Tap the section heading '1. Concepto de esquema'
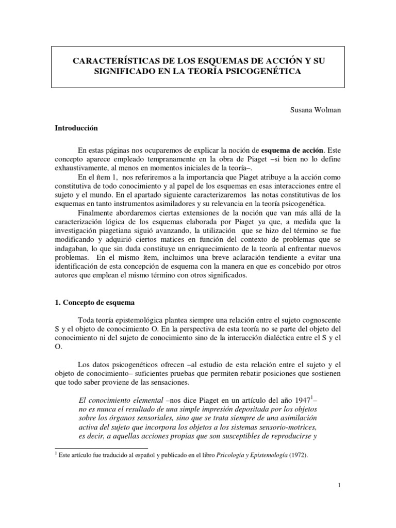click(95, 302)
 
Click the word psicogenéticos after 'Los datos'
click(135, 364)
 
